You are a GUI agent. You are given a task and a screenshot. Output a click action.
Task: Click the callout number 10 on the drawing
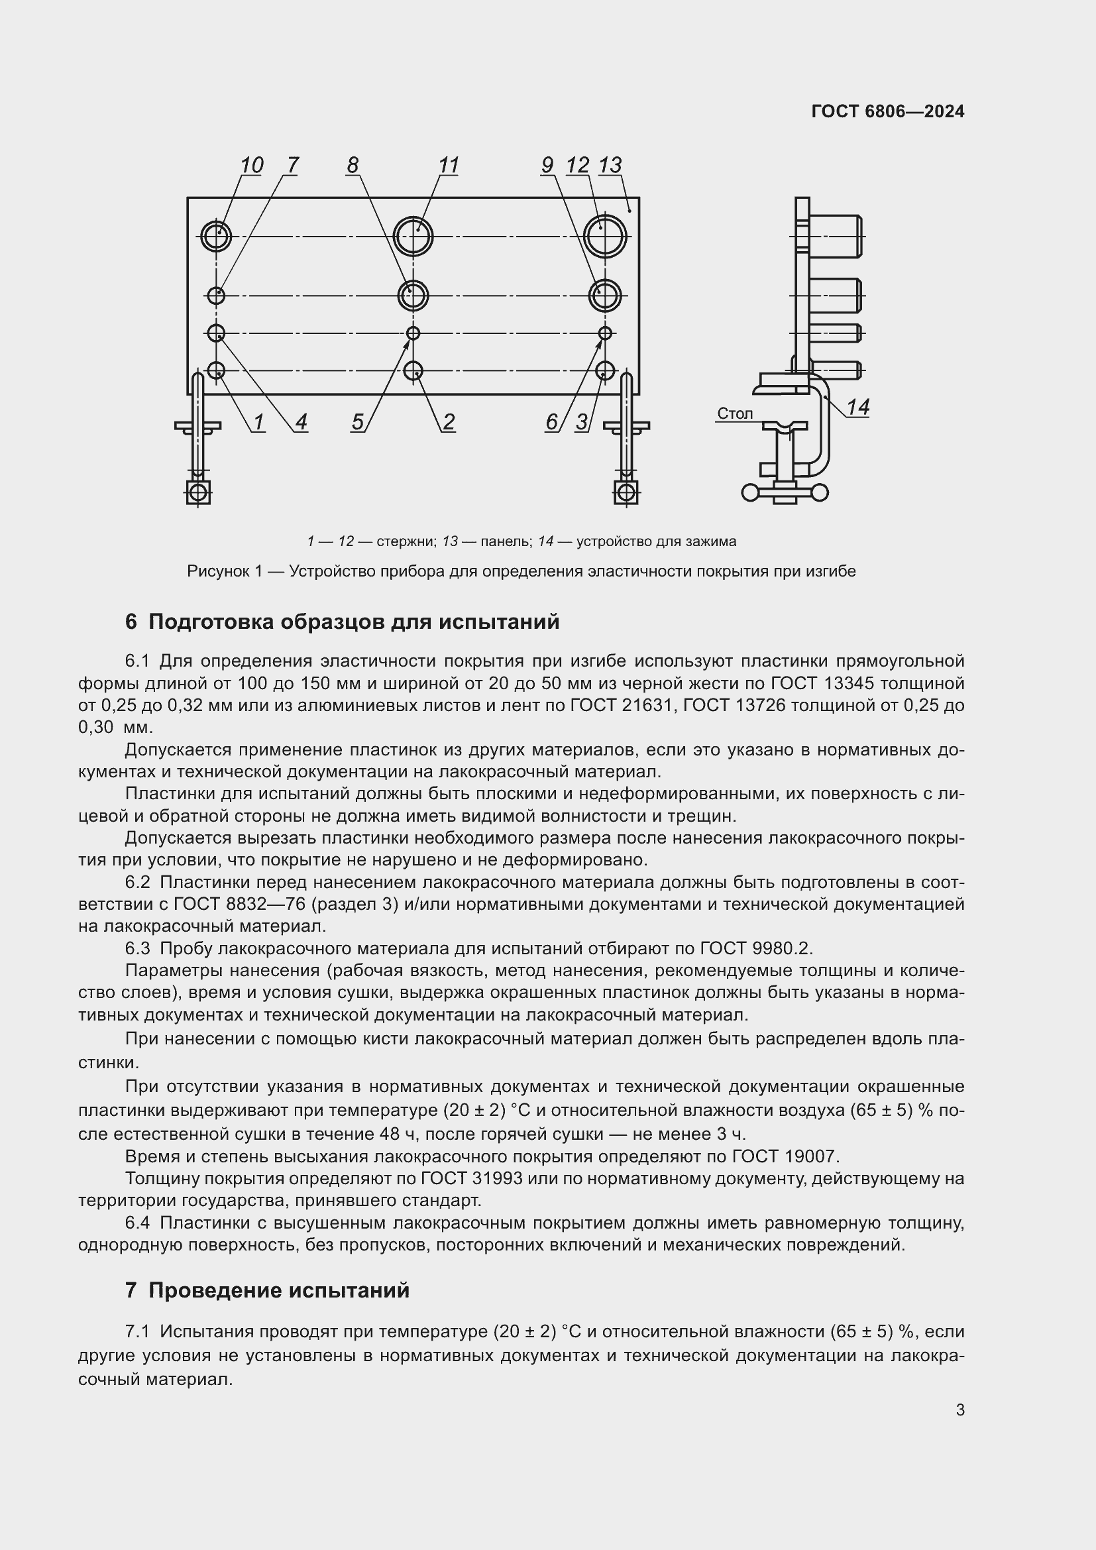pos(251,166)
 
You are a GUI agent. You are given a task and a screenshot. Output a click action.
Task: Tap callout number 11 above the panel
pos(448,166)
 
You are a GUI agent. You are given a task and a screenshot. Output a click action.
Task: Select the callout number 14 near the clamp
pos(857,407)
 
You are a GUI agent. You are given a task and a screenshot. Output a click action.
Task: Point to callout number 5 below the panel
pos(358,422)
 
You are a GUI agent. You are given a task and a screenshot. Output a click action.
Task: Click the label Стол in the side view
pos(734,413)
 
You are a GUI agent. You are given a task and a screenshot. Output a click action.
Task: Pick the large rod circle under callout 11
pos(413,237)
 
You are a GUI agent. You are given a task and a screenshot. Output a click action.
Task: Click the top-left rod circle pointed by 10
pos(216,237)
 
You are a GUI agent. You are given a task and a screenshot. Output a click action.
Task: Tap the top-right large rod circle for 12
pos(605,237)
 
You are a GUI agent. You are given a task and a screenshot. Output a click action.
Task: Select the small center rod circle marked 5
pos(413,333)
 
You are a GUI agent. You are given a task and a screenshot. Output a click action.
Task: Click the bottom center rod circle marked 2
pos(413,370)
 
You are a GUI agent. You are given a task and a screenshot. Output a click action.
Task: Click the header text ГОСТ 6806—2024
pos(887,111)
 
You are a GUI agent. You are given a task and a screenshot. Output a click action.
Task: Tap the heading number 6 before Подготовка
pos(131,621)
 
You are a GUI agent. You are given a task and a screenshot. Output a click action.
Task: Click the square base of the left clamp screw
pos(197,492)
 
